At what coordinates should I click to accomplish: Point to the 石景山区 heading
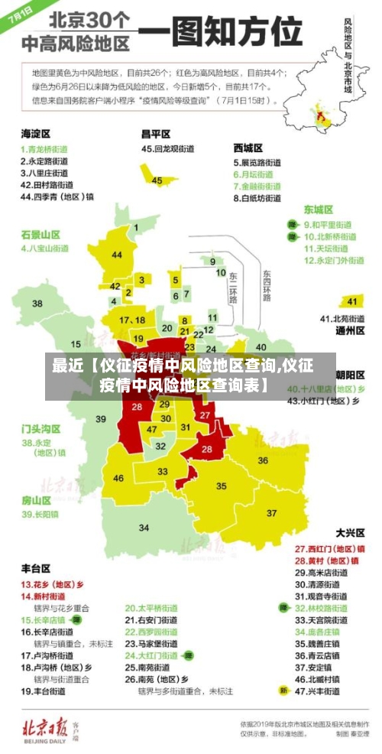[40, 234]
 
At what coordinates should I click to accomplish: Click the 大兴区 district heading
[350, 532]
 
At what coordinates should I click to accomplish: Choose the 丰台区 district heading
[35, 569]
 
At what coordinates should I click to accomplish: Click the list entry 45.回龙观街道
[171, 148]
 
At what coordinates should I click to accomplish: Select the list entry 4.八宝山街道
[45, 249]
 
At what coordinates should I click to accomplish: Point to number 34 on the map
[144, 528]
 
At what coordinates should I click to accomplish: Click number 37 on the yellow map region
[272, 512]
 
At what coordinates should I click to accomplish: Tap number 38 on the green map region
[37, 304]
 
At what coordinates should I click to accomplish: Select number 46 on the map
[118, 478]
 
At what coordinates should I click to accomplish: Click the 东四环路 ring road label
[267, 285]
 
